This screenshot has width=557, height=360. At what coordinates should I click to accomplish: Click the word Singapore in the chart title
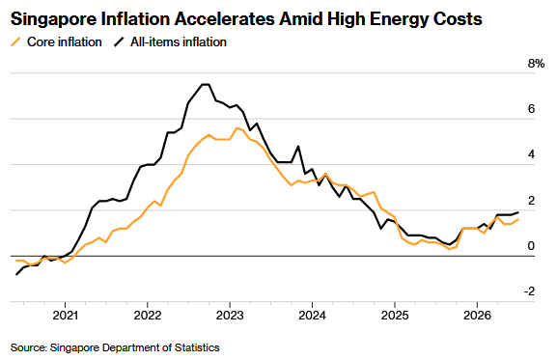[x=53, y=19]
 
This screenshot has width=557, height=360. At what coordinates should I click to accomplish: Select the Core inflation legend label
[x=65, y=42]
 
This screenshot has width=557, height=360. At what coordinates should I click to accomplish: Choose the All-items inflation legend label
[x=179, y=42]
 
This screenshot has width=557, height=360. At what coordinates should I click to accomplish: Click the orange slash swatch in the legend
[x=16, y=42]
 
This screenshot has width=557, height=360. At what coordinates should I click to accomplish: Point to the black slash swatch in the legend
[x=120, y=42]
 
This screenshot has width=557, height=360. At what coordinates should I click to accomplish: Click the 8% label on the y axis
[x=536, y=64]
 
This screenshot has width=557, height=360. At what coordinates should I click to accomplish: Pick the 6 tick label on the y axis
[x=532, y=109]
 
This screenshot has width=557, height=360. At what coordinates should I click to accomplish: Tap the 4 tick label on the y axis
[x=532, y=154]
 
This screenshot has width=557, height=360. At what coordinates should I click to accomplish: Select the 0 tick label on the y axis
[x=532, y=246]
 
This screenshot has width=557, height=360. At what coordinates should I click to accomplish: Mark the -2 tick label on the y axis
[x=529, y=291]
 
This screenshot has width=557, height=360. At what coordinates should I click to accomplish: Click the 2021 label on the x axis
[x=66, y=316]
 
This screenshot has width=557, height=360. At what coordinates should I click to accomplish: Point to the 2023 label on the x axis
[x=230, y=316]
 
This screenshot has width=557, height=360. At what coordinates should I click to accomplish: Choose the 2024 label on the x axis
[x=312, y=316]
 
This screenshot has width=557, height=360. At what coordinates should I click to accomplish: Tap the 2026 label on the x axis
[x=477, y=316]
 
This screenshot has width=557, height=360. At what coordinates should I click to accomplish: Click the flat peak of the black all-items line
[x=206, y=85]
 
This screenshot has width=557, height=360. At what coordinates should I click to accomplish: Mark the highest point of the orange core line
[x=237, y=127]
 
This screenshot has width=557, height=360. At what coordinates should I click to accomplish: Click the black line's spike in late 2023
[x=298, y=147]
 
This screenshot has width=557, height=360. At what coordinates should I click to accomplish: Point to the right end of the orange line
[x=518, y=219]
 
